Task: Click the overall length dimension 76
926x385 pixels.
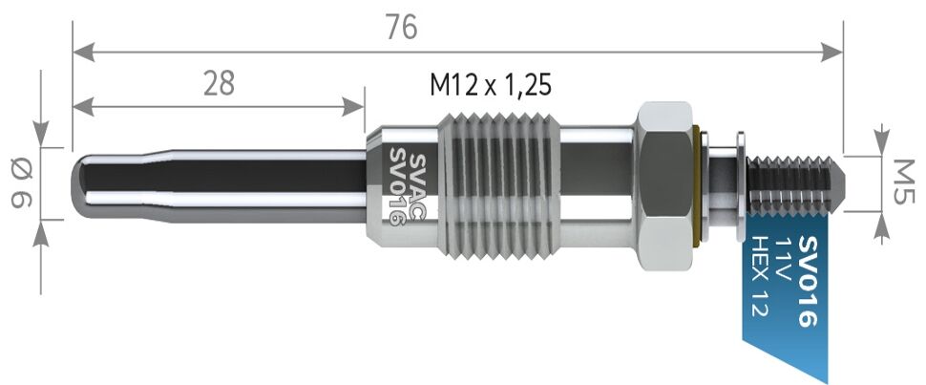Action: point(402,28)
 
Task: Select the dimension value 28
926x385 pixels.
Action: point(219,83)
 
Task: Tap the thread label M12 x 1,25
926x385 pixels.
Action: point(490,85)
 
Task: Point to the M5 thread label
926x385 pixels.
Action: point(902,181)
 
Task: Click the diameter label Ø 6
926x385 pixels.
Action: point(20,183)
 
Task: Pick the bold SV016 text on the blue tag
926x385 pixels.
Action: point(807,281)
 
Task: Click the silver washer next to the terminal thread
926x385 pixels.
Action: point(741,181)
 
